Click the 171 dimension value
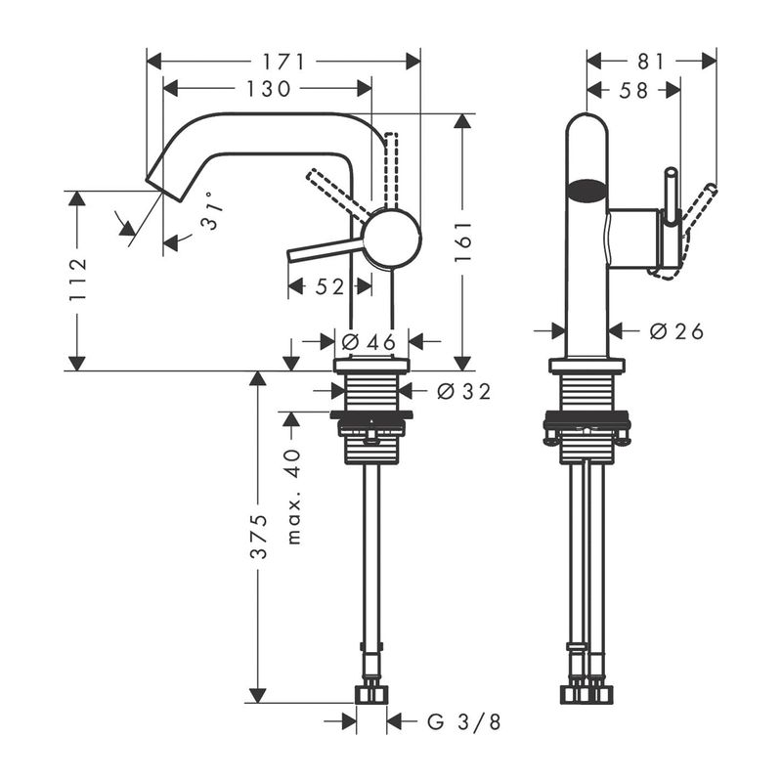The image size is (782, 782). pyautogui.click(x=282, y=61)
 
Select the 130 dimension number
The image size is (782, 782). pyautogui.click(x=267, y=89)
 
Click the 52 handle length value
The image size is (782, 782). pyautogui.click(x=329, y=286)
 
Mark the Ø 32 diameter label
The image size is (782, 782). pyautogui.click(x=462, y=391)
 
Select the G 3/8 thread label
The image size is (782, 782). pyautogui.click(x=464, y=722)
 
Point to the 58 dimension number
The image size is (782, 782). pyautogui.click(x=633, y=90)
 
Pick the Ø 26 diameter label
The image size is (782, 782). pyautogui.click(x=675, y=331)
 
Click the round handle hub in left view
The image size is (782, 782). pyautogui.click(x=392, y=239)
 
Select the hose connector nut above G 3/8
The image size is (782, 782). pyautogui.click(x=371, y=693)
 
